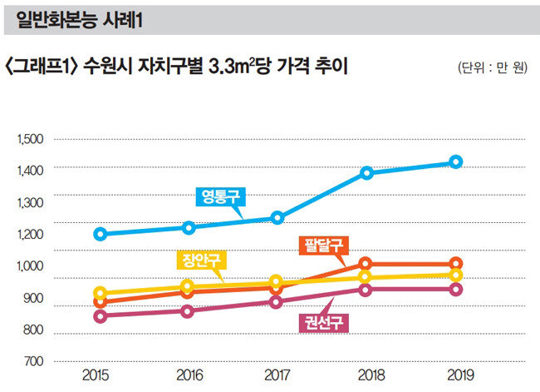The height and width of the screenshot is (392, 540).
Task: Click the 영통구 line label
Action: point(220,196)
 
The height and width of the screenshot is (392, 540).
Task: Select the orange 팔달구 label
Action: point(322,246)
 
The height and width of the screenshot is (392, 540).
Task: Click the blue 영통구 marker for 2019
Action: point(455,161)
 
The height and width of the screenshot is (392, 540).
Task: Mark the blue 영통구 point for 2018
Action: point(366,173)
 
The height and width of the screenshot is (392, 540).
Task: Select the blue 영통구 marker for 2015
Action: point(101,234)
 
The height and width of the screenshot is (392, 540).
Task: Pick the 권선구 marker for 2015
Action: point(101,316)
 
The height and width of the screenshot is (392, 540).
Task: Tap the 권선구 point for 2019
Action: point(455,290)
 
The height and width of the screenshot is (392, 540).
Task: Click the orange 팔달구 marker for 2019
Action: point(455,264)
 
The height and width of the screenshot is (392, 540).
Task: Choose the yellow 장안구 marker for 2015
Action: point(101,293)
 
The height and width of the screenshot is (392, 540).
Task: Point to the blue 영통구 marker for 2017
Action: point(277,218)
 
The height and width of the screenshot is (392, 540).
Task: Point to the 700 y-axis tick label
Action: point(32,362)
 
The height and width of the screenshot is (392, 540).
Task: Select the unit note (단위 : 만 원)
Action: point(492,68)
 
